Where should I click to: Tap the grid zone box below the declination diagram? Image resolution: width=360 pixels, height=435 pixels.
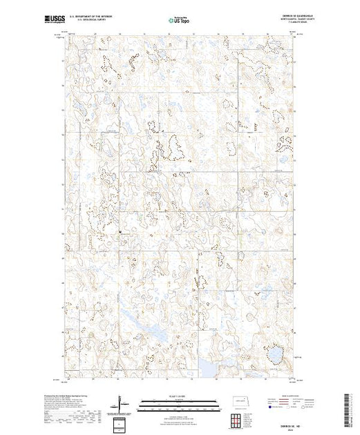[122, 423]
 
